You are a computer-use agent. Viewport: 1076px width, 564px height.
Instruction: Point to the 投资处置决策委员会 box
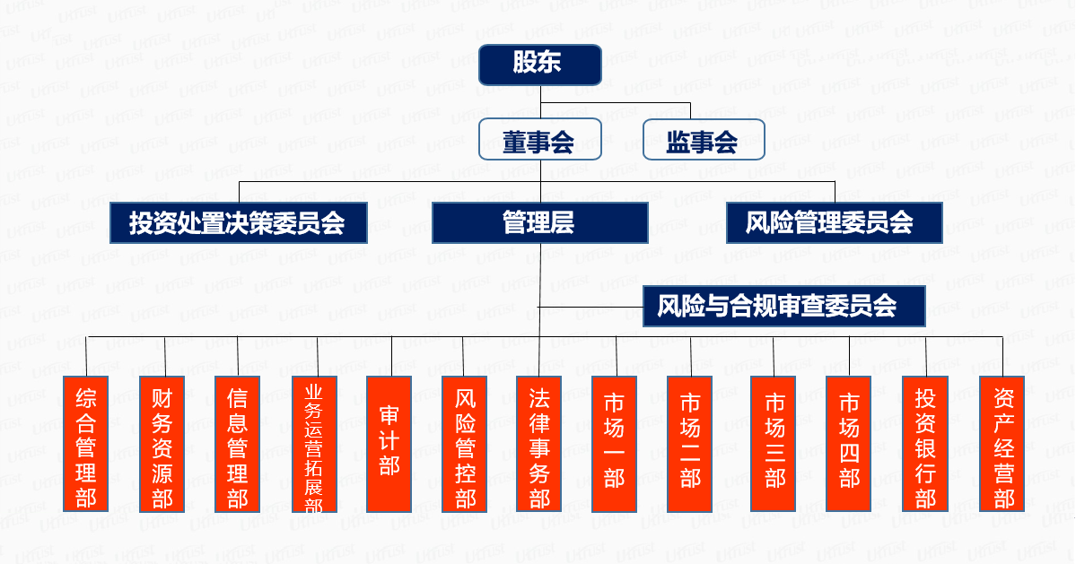pyautogui.click(x=240, y=223)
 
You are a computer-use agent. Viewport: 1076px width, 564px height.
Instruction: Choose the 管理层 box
pyautogui.click(x=539, y=223)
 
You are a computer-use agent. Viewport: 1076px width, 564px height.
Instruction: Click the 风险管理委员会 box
pyautogui.click(x=834, y=223)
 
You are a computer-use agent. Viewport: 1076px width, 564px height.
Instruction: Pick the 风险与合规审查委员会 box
pyautogui.click(x=783, y=307)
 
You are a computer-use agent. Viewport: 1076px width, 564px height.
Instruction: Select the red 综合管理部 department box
pyautogui.click(x=86, y=445)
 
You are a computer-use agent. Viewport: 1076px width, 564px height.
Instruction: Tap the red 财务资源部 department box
pyautogui.click(x=162, y=445)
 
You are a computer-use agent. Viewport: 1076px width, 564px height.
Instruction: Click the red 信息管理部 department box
pyautogui.click(x=237, y=445)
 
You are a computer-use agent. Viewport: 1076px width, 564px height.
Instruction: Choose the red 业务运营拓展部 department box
pyautogui.click(x=314, y=445)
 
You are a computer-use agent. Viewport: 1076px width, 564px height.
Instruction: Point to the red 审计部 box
pyautogui.click(x=389, y=445)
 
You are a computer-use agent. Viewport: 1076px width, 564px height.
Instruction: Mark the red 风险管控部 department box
pyautogui.click(x=465, y=445)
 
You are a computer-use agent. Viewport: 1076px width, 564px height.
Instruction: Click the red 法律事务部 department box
pyautogui.click(x=539, y=445)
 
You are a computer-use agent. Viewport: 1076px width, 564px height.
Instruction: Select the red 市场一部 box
pyautogui.click(x=615, y=445)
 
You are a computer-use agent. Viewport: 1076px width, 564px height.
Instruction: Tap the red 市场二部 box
pyautogui.click(x=690, y=445)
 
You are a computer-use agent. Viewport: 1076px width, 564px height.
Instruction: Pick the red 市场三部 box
pyautogui.click(x=774, y=445)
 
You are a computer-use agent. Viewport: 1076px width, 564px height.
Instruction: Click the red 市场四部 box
pyautogui.click(x=849, y=445)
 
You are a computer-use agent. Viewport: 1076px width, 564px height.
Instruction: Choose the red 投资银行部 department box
pyautogui.click(x=925, y=445)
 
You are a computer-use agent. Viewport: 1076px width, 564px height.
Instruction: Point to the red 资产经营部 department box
pyautogui.click(x=1002, y=445)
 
